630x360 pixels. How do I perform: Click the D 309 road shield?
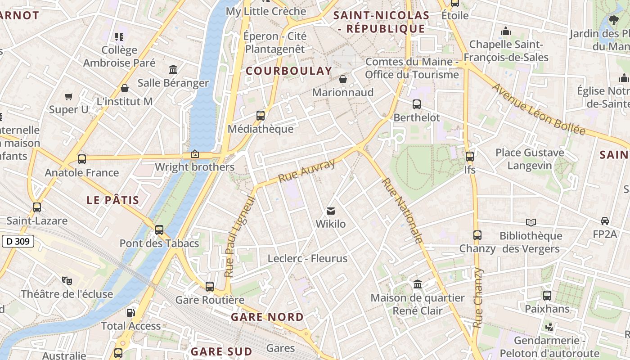[18, 242]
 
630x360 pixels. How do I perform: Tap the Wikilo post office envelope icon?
[331, 211]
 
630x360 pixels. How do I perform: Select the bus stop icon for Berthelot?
[417, 104]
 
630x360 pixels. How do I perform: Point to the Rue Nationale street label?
[402, 211]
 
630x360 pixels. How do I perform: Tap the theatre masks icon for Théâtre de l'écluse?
[67, 281]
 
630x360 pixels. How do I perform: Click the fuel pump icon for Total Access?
[130, 312]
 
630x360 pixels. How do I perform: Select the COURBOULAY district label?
[289, 71]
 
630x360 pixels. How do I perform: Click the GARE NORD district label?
[267, 317]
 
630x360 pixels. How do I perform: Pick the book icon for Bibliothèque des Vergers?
[531, 222]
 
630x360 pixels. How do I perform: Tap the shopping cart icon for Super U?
[69, 96]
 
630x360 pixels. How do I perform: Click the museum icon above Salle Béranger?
[173, 69]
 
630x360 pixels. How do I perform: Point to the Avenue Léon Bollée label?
[539, 109]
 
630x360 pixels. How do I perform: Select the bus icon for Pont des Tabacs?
[159, 230]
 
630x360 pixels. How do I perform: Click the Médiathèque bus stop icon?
[261, 116]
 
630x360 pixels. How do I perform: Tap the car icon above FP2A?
[605, 221]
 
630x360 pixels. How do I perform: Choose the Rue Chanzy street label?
[478, 297]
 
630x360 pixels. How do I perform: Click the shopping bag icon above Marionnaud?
[343, 79]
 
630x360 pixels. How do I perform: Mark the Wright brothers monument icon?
[195, 154]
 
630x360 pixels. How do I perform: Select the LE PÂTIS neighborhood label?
[112, 200]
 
